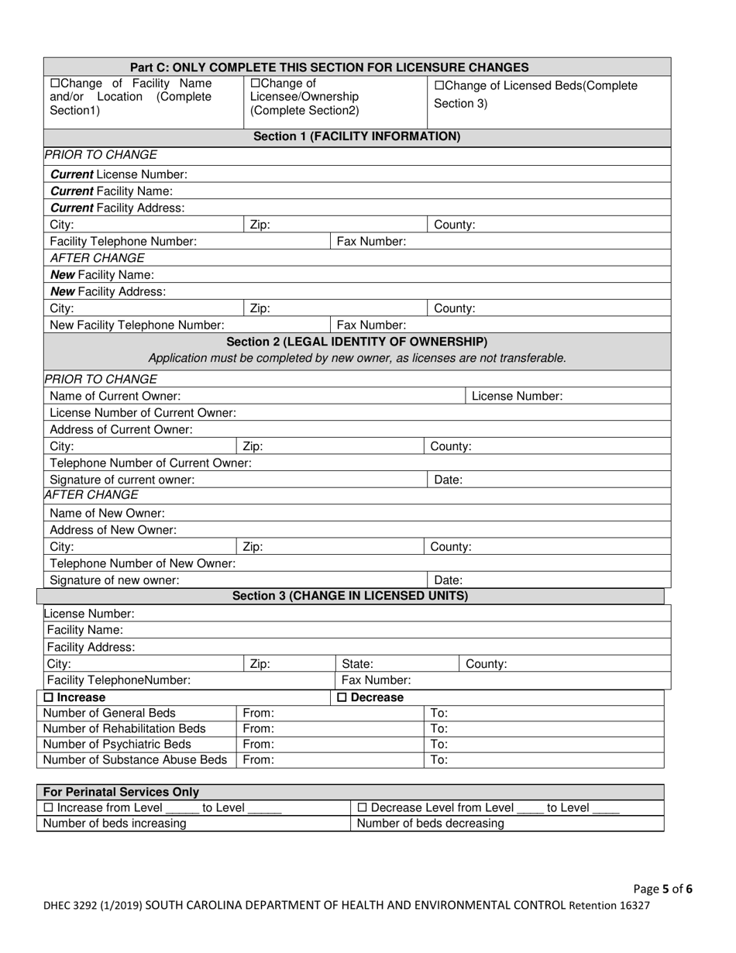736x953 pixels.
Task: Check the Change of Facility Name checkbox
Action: coord(54,84)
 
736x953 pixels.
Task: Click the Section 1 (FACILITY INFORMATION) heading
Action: coord(357,137)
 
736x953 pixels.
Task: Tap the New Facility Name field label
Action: coord(101,275)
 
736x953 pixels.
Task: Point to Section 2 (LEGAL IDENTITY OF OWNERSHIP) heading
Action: coord(357,342)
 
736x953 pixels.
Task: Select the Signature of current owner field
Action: coord(310,480)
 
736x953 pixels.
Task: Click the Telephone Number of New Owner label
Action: coord(142,564)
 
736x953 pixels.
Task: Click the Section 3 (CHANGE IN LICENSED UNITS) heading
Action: coord(350,596)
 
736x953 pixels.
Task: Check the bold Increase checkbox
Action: coord(48,698)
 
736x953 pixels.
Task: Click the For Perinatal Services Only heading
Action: coord(121,793)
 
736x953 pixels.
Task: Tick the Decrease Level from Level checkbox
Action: coord(363,808)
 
